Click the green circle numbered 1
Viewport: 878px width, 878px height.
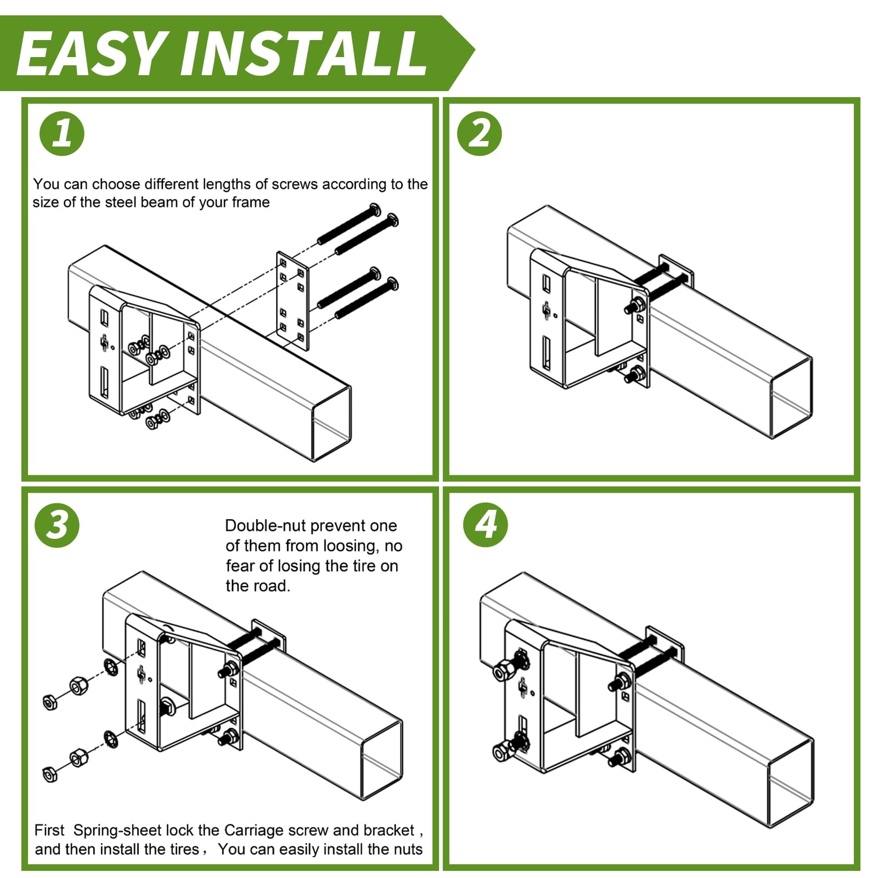point(62,133)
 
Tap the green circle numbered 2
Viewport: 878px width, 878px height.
point(480,133)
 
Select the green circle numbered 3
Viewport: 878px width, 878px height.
point(57,525)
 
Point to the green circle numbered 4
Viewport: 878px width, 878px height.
point(486,525)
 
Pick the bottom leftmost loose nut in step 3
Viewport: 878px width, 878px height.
point(50,774)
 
